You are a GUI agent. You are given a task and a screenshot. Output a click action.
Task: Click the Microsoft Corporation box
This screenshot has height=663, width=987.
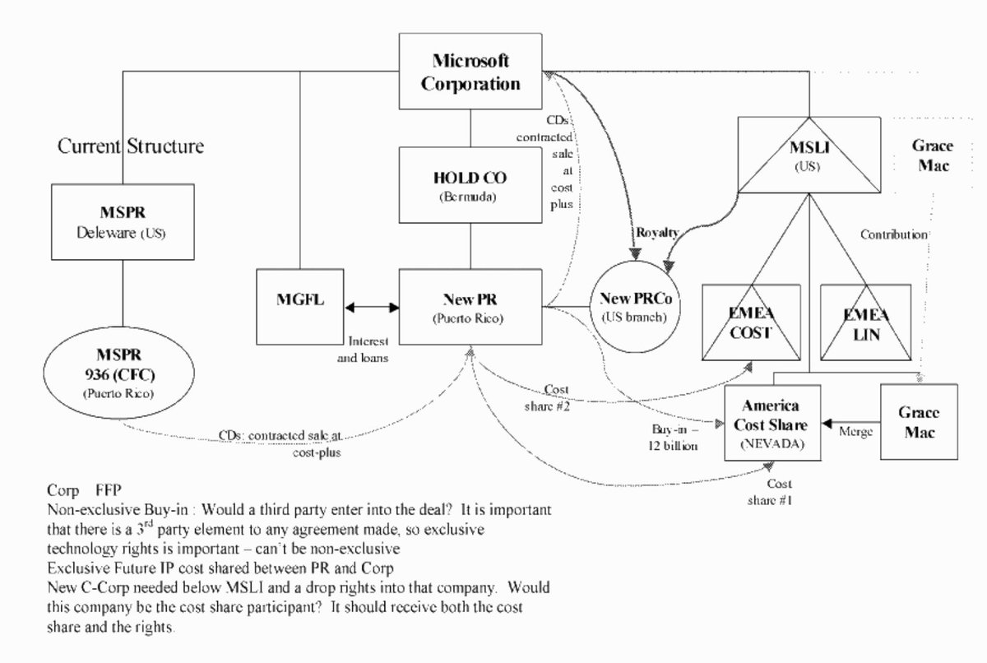coord(470,72)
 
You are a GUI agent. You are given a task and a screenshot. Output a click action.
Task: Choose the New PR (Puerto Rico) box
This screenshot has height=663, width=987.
coord(470,306)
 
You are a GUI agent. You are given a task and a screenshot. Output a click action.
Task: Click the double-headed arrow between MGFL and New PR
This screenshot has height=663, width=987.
coord(373,307)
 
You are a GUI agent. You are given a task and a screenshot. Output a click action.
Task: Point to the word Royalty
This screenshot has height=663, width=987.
coord(656,233)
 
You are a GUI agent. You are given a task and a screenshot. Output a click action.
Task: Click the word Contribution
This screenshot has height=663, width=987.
coord(893,234)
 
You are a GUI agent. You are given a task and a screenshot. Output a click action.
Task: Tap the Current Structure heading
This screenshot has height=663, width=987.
coord(130,147)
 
